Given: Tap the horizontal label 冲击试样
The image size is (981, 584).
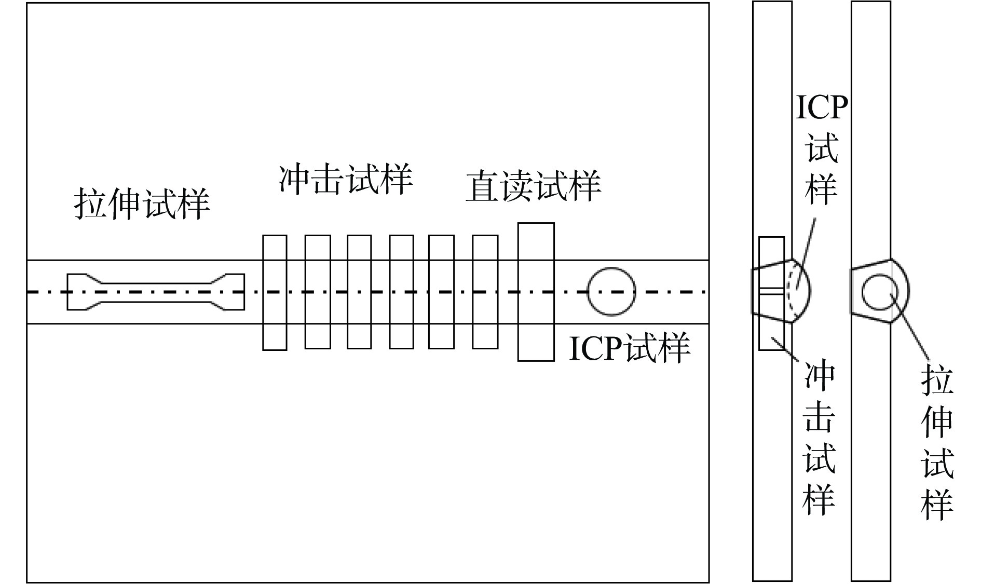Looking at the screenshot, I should pos(346,180).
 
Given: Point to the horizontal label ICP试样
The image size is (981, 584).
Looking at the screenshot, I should pos(629,347).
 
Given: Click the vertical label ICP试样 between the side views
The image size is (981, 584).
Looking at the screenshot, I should pos(821,151).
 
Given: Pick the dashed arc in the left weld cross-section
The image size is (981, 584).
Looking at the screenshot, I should pos(792,291).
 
